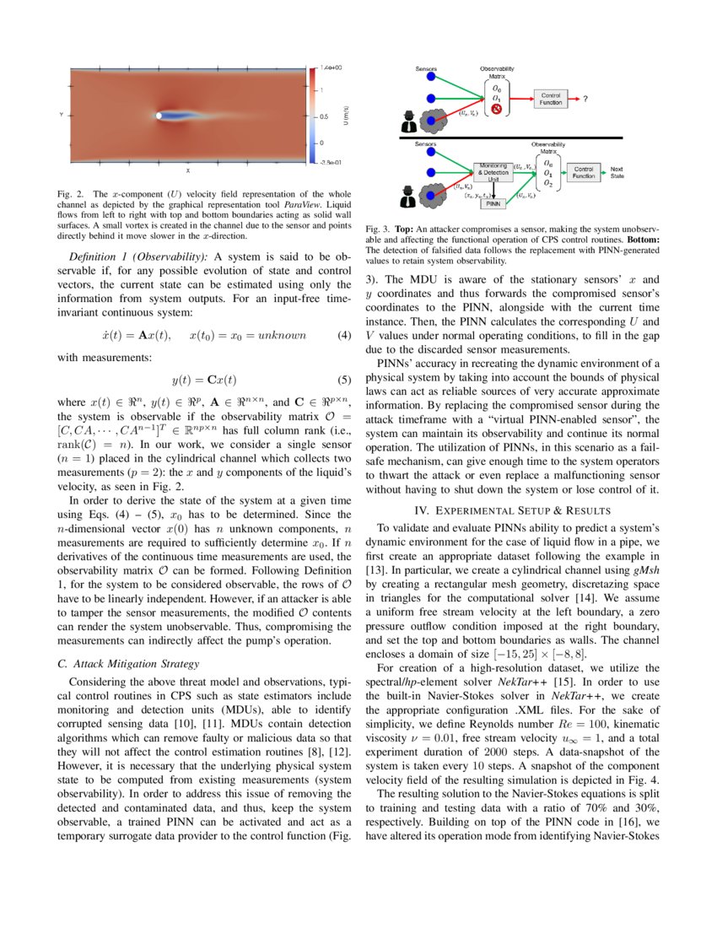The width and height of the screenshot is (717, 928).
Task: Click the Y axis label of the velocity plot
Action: [60, 116]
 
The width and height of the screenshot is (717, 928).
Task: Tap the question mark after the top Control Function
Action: [585, 99]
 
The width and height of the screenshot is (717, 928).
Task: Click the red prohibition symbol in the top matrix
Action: [497, 110]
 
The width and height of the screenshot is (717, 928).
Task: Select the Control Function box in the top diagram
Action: [550, 99]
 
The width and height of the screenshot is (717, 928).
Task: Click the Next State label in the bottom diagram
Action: [617, 171]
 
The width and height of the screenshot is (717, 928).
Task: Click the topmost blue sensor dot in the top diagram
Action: [430, 78]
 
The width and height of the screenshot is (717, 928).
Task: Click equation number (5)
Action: [343, 380]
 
